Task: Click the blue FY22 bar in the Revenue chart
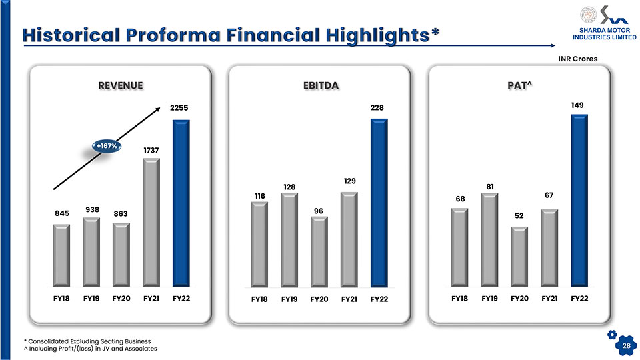[181, 203]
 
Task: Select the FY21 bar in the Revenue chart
[151, 222]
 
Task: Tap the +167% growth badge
[107, 146]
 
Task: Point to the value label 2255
[179, 108]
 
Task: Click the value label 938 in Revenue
[92, 209]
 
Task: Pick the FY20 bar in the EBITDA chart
[319, 251]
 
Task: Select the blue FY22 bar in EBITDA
[379, 203]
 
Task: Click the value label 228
[377, 107]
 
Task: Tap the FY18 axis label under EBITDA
[259, 299]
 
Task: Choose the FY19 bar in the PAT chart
[489, 239]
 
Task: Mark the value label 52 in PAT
[519, 215]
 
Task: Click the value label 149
[577, 105]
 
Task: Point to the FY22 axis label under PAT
[579, 299]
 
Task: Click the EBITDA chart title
[321, 86]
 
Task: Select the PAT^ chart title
[519, 85]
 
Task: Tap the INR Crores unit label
[577, 59]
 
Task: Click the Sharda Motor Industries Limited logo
[605, 23]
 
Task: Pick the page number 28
[627, 346]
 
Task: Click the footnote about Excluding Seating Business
[87, 341]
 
